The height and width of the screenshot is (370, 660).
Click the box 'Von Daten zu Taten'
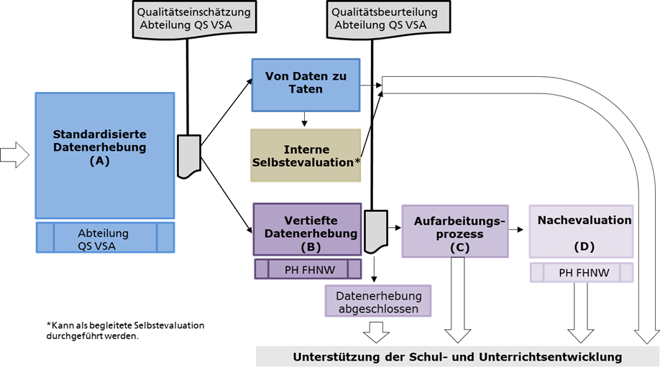click(x=305, y=85)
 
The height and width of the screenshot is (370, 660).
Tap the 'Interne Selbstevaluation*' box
click(x=306, y=156)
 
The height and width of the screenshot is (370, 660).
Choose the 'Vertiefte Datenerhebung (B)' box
click(x=307, y=229)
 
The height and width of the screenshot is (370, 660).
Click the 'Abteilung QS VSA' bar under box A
click(x=105, y=238)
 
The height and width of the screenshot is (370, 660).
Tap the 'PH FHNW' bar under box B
click(x=308, y=269)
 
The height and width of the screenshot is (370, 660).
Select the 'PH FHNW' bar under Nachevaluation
click(x=582, y=273)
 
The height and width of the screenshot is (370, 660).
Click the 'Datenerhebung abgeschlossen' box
click(x=378, y=302)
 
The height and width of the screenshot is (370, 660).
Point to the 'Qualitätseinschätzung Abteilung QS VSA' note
click(x=196, y=17)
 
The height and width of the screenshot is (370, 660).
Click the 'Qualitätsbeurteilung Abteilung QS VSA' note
click(x=389, y=17)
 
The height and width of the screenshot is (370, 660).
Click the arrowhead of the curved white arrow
click(x=647, y=334)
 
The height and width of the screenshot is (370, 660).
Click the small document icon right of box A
click(x=188, y=155)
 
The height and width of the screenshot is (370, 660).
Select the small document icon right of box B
click(x=375, y=231)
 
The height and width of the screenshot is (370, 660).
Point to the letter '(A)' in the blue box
click(x=100, y=161)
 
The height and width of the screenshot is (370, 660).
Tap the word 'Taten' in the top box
click(x=306, y=90)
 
